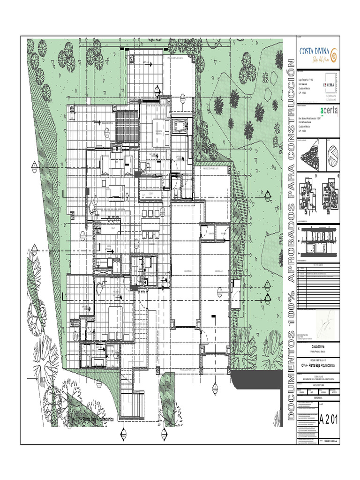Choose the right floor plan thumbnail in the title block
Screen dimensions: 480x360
click(x=330, y=192)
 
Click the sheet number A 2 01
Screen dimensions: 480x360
click(x=328, y=419)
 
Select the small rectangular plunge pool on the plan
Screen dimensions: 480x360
click(x=180, y=126)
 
